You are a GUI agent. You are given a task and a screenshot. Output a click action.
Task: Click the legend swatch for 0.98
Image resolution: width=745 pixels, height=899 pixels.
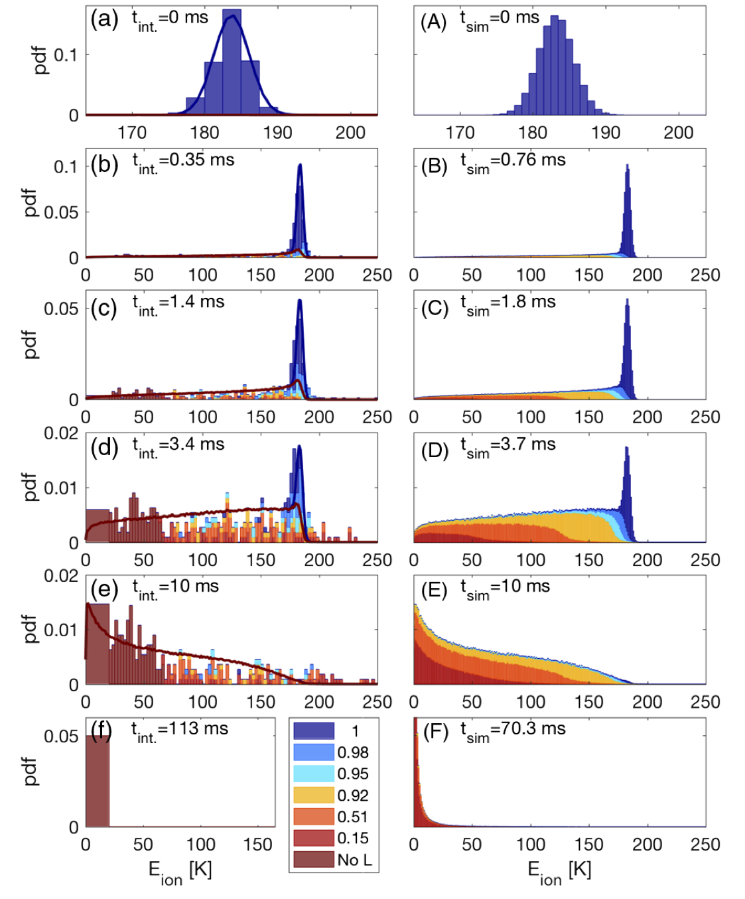pos(314,752)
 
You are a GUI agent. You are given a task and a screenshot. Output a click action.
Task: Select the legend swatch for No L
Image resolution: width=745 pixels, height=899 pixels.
pos(314,859)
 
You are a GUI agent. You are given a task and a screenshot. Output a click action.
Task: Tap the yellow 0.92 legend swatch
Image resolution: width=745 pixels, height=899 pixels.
pos(314,795)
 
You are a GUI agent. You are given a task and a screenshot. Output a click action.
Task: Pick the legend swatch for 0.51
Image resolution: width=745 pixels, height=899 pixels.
pos(314,816)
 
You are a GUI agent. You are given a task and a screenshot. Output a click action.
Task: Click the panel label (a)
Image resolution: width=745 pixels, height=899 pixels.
pos(104,19)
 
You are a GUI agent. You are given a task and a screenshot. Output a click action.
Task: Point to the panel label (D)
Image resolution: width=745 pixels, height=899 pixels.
pos(435,450)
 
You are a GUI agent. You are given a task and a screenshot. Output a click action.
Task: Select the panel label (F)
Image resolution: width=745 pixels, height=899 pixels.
pos(435,734)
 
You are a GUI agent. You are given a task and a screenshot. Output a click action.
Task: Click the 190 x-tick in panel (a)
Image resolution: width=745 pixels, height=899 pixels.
pos(277,133)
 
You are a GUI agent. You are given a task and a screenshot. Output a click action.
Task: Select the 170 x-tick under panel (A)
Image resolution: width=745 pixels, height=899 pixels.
pos(460,133)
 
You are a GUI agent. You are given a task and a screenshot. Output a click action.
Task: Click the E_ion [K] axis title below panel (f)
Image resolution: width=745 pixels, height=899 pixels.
pos(180,872)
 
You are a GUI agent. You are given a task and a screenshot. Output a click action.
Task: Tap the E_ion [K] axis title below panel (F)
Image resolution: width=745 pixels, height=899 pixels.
pos(559,872)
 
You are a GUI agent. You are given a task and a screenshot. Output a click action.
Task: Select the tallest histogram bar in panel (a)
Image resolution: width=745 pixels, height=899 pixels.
pos(232,63)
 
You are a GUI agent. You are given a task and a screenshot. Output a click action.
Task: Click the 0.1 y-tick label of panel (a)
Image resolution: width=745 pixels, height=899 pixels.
pos(66,55)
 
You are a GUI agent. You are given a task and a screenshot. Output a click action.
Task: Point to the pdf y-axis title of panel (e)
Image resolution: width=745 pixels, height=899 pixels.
pos(30,629)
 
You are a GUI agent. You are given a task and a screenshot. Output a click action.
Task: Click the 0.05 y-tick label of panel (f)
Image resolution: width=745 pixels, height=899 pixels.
pos(61,736)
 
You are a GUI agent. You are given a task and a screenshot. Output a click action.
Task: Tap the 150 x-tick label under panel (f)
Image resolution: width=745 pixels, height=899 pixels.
pos(258,845)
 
